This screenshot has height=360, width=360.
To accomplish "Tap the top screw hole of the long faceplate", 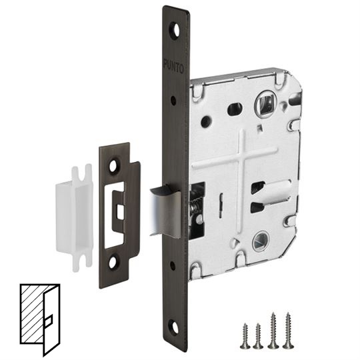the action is click(176, 30).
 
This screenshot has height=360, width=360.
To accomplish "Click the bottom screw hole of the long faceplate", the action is click(175, 327).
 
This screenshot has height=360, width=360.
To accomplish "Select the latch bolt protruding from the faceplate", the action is click(165, 211).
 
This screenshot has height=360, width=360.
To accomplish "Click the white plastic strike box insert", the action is click(75, 217).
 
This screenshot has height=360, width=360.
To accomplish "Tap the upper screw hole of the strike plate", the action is click(113, 166).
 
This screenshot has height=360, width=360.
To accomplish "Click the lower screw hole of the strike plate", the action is click(112, 263).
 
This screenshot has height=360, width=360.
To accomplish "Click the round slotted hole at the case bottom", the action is click(260, 243).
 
